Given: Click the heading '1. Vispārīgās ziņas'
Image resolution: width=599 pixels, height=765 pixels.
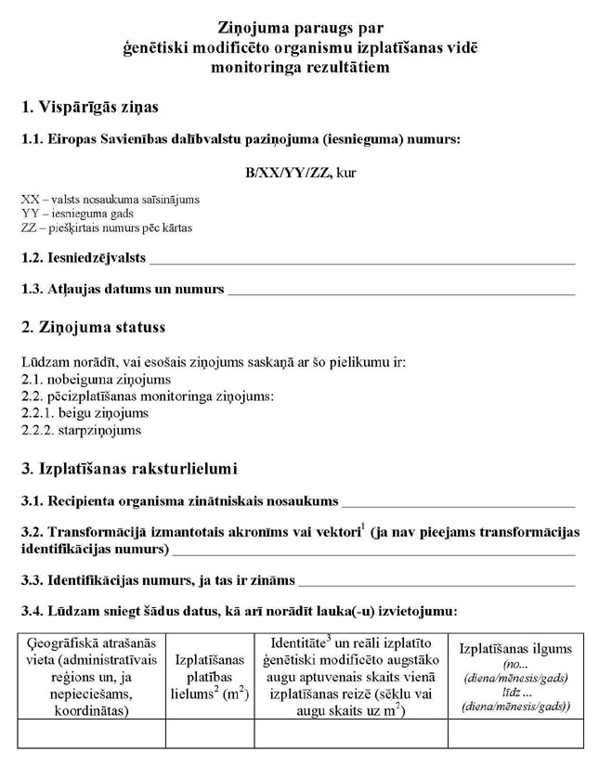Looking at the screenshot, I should pyautogui.click(x=89, y=108).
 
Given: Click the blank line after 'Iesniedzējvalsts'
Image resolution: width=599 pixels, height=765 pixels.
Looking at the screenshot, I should pyautogui.click(x=362, y=261).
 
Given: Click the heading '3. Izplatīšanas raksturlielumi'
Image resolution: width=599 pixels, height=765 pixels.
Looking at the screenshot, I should pyautogui.click(x=129, y=468).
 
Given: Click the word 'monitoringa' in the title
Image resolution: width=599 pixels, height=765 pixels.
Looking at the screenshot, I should pyautogui.click(x=261, y=68).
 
